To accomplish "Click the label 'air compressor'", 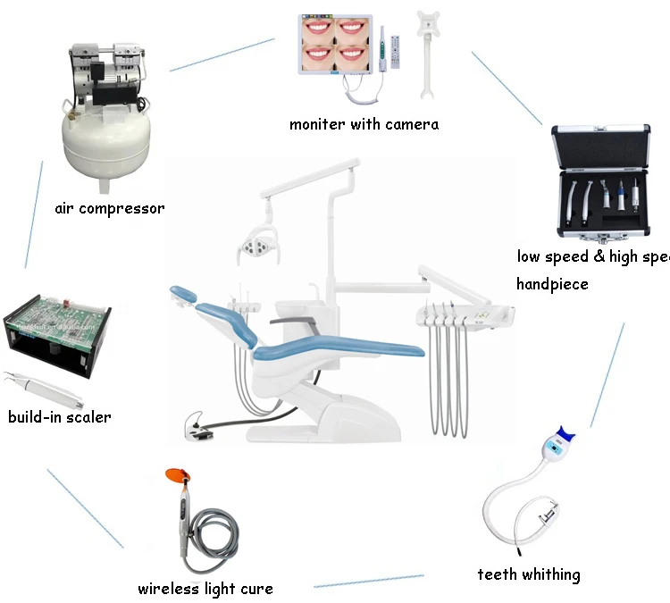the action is [x=109, y=209].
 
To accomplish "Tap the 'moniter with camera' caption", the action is [x=364, y=125].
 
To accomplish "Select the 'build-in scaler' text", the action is [x=60, y=417].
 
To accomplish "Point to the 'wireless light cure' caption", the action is [x=205, y=589].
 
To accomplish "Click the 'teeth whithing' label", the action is [x=528, y=574].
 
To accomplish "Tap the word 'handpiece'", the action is [x=552, y=284].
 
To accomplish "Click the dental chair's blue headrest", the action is [x=183, y=293].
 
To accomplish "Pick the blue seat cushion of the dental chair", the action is [x=339, y=344].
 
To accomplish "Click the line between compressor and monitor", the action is [x=222, y=54].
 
